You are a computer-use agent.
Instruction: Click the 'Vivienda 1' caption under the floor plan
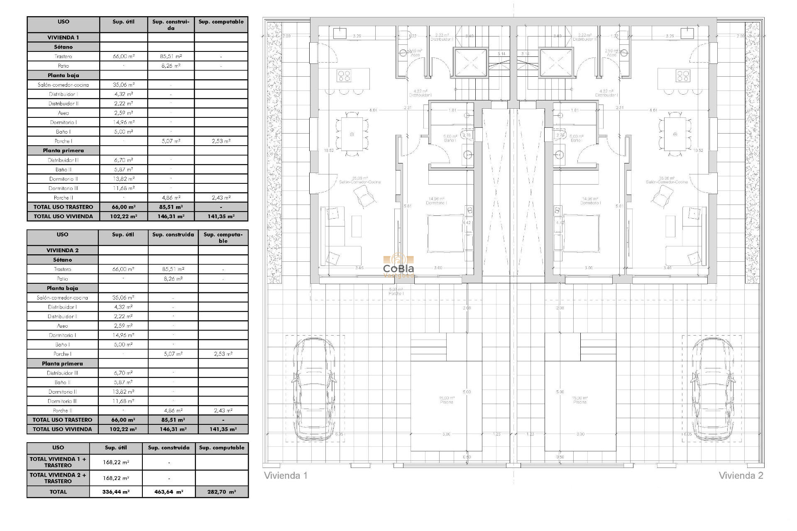pyautogui.click(x=286, y=475)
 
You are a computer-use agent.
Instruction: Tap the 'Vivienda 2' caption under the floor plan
pyautogui.click(x=741, y=475)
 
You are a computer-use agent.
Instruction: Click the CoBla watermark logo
pyautogui.click(x=398, y=266)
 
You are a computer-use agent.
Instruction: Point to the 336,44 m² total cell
pyautogui.click(x=116, y=492)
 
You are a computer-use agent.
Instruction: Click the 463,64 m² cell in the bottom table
pyautogui.click(x=169, y=492)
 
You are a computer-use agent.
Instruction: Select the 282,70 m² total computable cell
pyautogui.click(x=222, y=492)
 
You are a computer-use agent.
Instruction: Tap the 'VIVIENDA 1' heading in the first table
pyautogui.click(x=63, y=37)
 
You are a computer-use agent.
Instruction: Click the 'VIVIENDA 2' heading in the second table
pyautogui.click(x=62, y=250)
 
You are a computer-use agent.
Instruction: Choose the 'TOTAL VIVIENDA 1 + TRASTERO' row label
pyautogui.click(x=58, y=462)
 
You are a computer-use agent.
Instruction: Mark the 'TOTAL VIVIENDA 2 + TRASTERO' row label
pyautogui.click(x=58, y=478)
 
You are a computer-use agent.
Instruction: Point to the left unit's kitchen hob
pyautogui.click(x=344, y=76)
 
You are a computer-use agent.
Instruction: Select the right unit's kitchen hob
pyautogui.click(x=683, y=76)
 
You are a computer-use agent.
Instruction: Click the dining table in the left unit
pyautogui.click(x=352, y=134)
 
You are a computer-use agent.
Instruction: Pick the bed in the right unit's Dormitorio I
pyautogui.click(x=581, y=233)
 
